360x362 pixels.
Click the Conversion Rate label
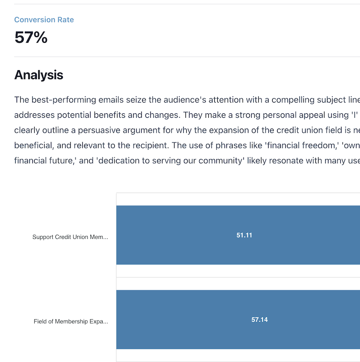44,20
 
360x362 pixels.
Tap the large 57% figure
31,37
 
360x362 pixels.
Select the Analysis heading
39,75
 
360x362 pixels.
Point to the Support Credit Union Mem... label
70,237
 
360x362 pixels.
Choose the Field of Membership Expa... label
71,322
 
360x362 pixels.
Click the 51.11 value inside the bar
244,235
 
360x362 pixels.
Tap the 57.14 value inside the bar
259,320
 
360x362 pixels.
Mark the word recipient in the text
170,146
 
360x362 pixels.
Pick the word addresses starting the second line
32,115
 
